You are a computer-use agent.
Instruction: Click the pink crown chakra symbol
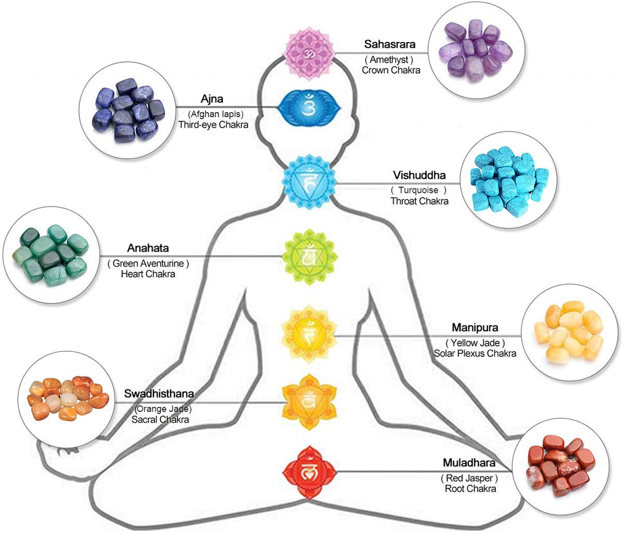[309, 54]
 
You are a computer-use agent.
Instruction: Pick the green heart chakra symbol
[309, 256]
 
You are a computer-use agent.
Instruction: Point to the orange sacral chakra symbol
[309, 402]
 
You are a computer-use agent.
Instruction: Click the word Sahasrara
[389, 45]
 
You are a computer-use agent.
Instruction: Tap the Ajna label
[212, 99]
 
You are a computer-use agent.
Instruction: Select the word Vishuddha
[419, 175]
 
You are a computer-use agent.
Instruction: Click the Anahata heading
[148, 249]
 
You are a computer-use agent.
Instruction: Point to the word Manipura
[475, 327]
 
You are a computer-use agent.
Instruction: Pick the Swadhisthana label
[159, 394]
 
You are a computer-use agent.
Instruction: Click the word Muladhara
[469, 463]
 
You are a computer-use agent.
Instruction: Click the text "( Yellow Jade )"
[475, 343]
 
